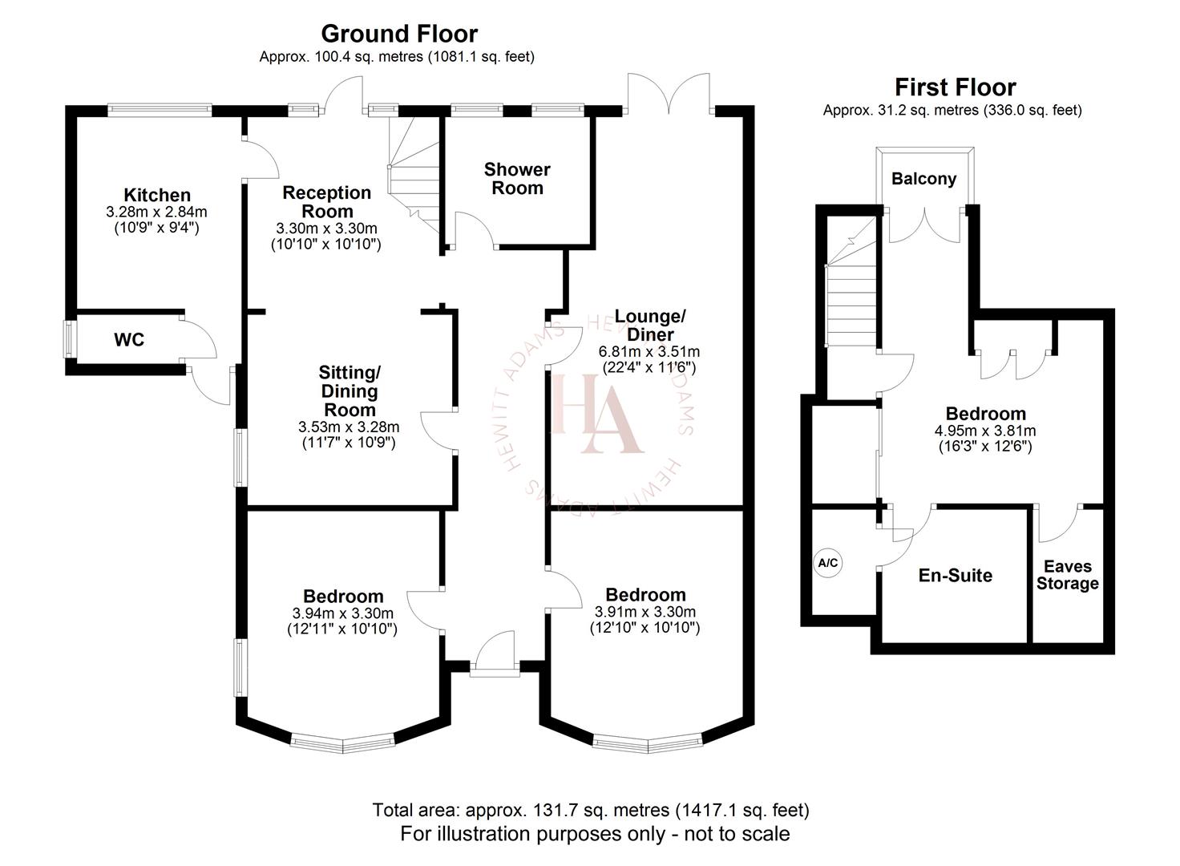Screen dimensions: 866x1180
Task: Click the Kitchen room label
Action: click(157, 195)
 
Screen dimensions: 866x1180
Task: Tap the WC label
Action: click(129, 340)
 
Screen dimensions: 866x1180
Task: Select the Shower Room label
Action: click(517, 179)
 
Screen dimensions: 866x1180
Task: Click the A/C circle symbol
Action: click(827, 563)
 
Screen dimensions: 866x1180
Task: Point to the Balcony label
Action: click(924, 179)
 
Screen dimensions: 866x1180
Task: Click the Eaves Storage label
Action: click(1067, 575)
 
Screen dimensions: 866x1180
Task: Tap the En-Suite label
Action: click(955, 575)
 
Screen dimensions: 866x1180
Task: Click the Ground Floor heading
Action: click(398, 34)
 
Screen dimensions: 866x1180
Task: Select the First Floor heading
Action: click(955, 87)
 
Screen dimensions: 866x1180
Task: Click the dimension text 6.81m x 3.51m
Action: click(649, 351)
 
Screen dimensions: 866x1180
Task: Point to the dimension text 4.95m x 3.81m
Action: click(985, 431)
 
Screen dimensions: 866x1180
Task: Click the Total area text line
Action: click(590, 810)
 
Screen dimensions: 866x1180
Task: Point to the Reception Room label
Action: click(327, 202)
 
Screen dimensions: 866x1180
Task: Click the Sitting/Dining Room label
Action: click(349, 391)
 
